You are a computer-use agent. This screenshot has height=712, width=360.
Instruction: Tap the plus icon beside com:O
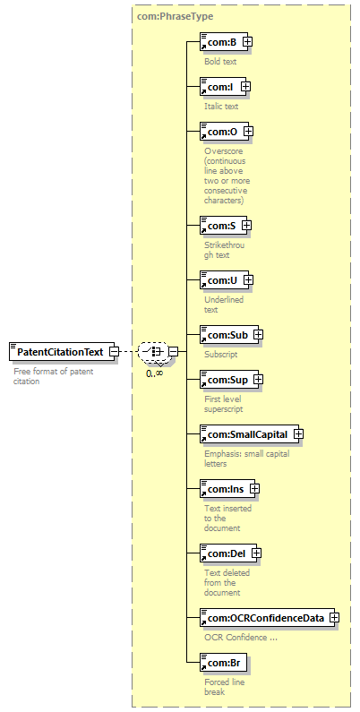(248, 132)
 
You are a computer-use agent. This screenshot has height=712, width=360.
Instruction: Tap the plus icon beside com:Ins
(254, 489)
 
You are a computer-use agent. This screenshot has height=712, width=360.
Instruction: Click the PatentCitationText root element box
(62, 351)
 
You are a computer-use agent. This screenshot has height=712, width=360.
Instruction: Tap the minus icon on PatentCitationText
(115, 351)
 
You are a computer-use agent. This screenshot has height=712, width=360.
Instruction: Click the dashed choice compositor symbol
(153, 351)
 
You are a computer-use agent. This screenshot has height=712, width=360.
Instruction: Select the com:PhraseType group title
(175, 17)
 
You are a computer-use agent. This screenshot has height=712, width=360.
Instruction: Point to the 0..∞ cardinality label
(155, 373)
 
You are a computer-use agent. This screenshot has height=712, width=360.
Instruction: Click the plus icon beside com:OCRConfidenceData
(335, 618)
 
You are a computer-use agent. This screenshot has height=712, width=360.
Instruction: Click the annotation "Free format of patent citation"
(54, 376)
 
